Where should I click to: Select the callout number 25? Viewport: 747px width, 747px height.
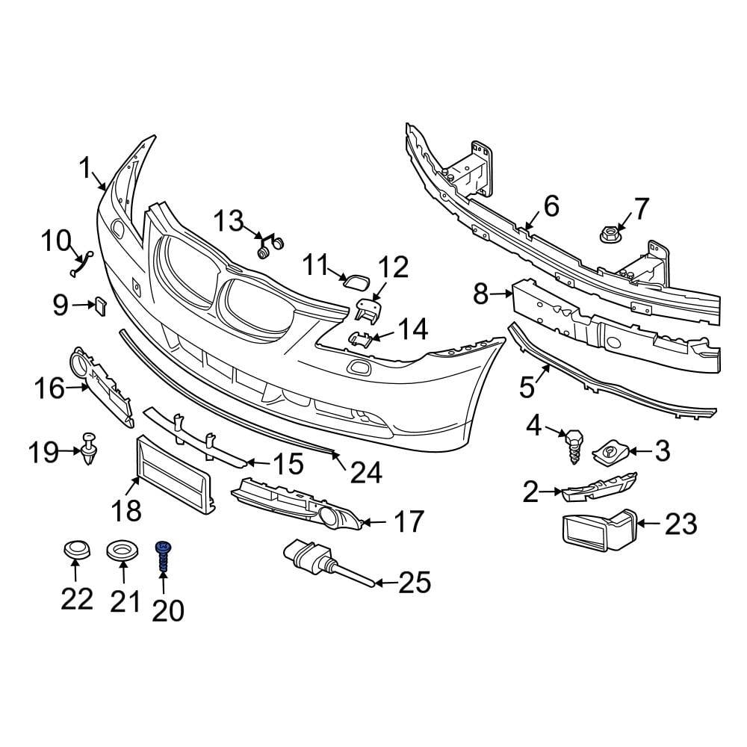(x=415, y=583)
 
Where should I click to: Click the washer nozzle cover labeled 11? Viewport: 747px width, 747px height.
(x=352, y=280)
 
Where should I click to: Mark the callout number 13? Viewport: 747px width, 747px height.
(x=229, y=221)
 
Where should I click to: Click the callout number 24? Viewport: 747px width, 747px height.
(x=366, y=472)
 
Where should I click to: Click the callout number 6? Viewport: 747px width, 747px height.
(x=551, y=206)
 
